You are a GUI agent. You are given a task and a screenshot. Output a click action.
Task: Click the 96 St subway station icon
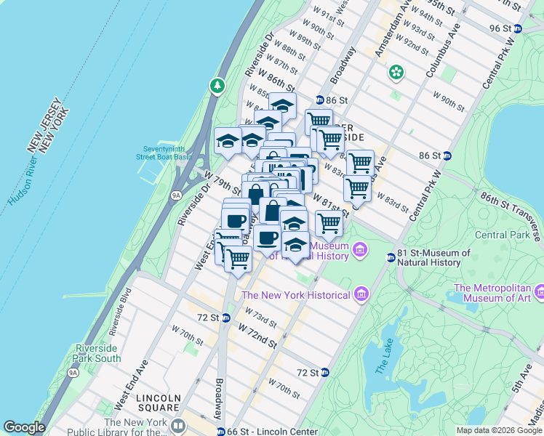click(x=517, y=28)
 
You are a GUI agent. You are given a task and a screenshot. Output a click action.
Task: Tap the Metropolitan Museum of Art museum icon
click(x=539, y=291)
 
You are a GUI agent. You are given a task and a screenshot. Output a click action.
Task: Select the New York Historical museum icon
click(x=361, y=295)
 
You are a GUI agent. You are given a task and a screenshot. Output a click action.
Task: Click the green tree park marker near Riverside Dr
click(x=217, y=86)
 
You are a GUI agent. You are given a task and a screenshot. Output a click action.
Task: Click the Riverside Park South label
click(x=97, y=353)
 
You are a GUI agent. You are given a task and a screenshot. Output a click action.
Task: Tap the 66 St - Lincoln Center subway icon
click(x=220, y=432)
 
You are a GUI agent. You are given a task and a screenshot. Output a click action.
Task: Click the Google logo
click(x=24, y=427)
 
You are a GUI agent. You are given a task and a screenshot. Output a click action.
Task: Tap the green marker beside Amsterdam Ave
click(x=396, y=72)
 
